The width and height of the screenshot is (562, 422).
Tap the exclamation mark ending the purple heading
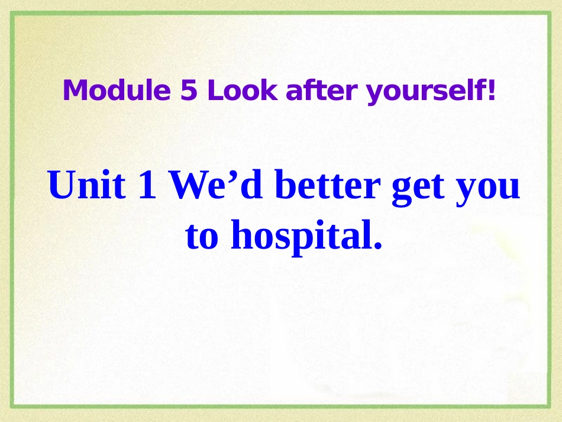tap(490, 91)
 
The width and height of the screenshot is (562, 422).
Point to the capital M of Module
tap(73, 91)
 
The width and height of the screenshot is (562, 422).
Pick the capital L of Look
tap(212, 91)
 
